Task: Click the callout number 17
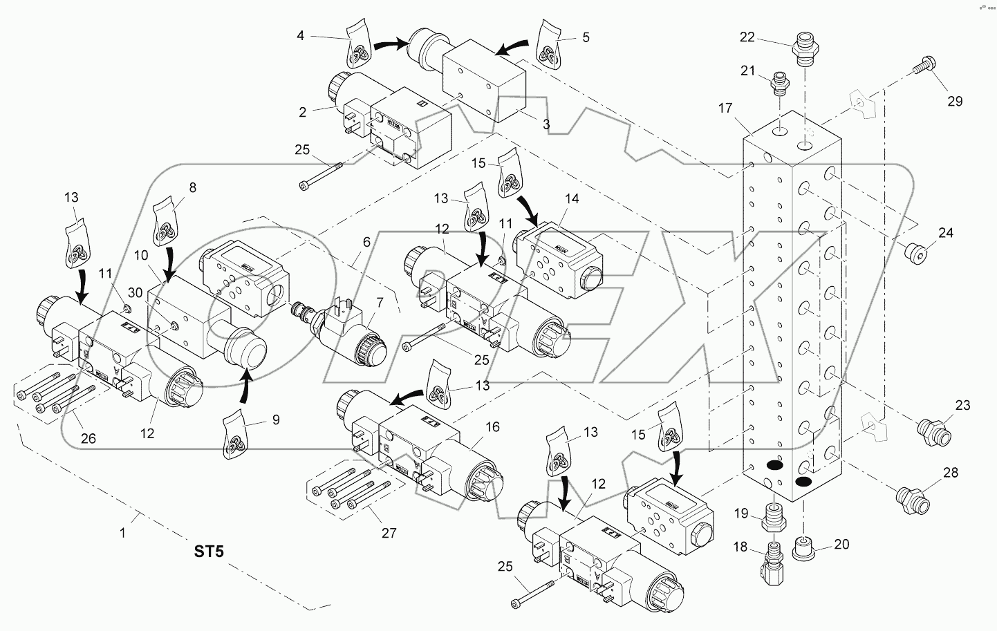[x=725, y=108]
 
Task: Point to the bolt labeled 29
[x=922, y=67]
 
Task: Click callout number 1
[x=123, y=533]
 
